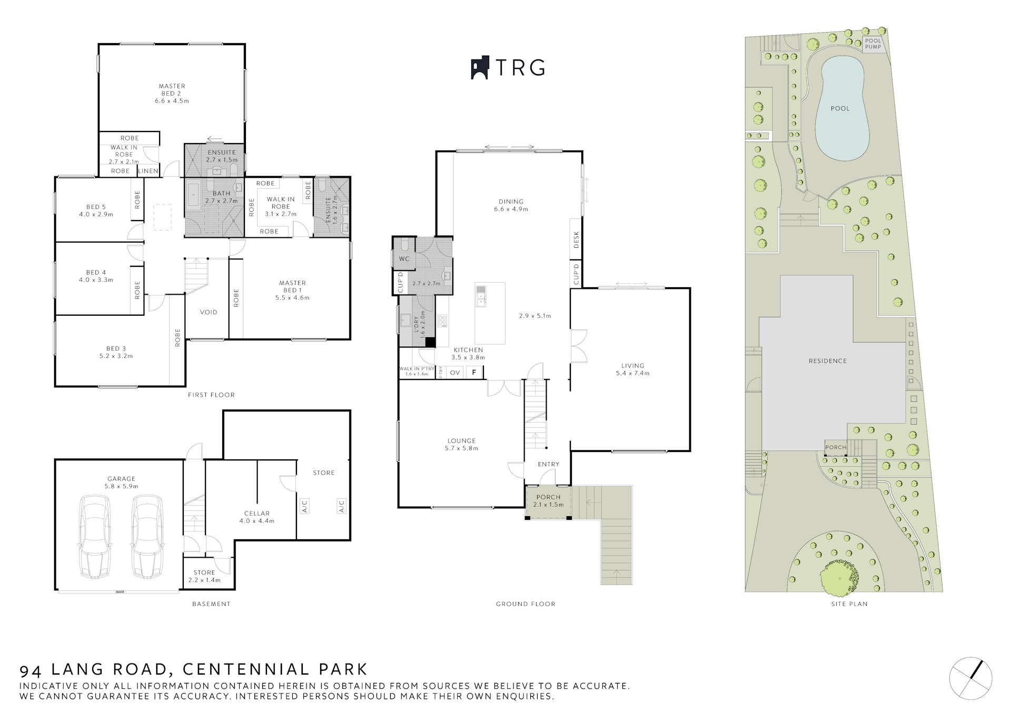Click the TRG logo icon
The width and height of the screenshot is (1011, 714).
point(480,67)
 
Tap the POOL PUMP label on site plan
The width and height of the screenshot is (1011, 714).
point(873,44)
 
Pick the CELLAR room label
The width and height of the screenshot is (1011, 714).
point(257,514)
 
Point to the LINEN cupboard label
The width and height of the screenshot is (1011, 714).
point(148,171)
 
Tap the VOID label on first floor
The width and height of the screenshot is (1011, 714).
point(209,312)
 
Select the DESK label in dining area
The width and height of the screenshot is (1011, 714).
point(576,239)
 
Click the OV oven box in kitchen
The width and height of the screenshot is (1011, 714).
point(455,373)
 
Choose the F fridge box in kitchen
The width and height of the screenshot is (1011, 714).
point(474,373)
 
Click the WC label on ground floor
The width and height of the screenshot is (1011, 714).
point(404,259)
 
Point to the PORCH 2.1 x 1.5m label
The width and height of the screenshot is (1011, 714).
point(548,500)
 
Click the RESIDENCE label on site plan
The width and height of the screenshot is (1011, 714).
point(828,361)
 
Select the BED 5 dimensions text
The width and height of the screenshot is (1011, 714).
point(96,214)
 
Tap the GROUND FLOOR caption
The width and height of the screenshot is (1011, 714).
point(526,604)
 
